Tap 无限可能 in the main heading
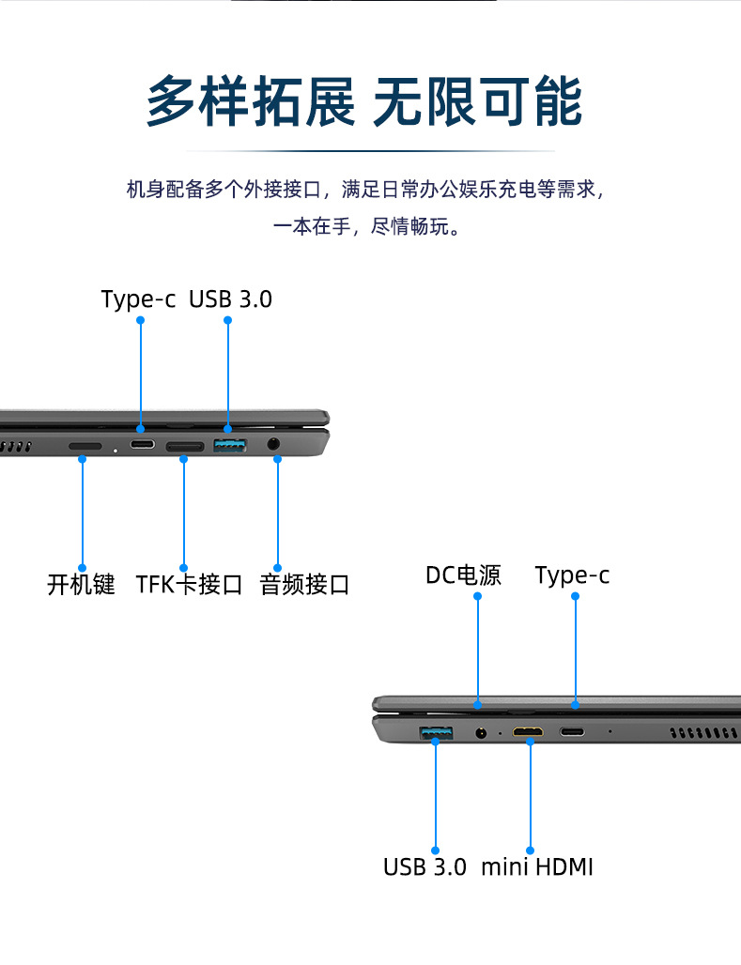coord(477,101)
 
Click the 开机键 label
coord(81,584)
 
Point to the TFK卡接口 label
coord(189,584)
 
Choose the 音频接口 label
coord(304,584)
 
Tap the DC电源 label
coord(463,574)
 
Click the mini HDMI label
coord(537,866)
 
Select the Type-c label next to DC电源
coord(572,574)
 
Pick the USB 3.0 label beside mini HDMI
coord(425,866)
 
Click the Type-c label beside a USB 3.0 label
coord(138,299)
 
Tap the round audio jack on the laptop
coord(275,444)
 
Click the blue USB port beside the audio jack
coord(229,445)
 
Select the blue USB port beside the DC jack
coord(435,731)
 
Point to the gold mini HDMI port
coord(529,731)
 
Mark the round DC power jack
coord(482,731)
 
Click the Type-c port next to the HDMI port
coord(573,731)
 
